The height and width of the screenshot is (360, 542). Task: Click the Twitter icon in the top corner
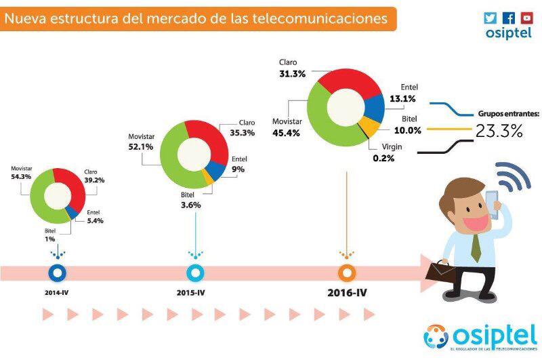(x=491, y=18)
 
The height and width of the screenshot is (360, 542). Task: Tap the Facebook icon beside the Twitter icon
(x=509, y=18)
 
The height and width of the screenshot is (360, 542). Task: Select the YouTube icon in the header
(x=526, y=18)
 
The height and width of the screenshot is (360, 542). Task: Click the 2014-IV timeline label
(x=58, y=292)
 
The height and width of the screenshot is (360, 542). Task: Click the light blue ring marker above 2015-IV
(x=195, y=272)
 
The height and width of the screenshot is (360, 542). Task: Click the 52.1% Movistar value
(x=140, y=146)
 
